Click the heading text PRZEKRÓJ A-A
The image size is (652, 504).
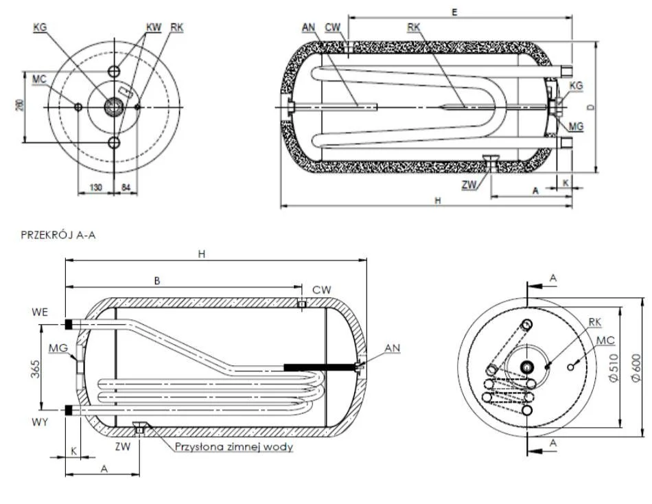pyautogui.click(x=58, y=235)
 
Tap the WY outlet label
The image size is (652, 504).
pyautogui.click(x=40, y=422)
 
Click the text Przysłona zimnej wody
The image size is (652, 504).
pyautogui.click(x=234, y=447)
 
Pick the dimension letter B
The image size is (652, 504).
pyautogui.click(x=157, y=280)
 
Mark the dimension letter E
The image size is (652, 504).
pyautogui.click(x=455, y=12)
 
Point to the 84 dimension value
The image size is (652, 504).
pyautogui.click(x=126, y=187)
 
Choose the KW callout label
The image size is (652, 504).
pyautogui.click(x=153, y=27)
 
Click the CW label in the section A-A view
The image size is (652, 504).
pyautogui.click(x=321, y=290)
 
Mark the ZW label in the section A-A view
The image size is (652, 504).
pyautogui.click(x=124, y=446)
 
